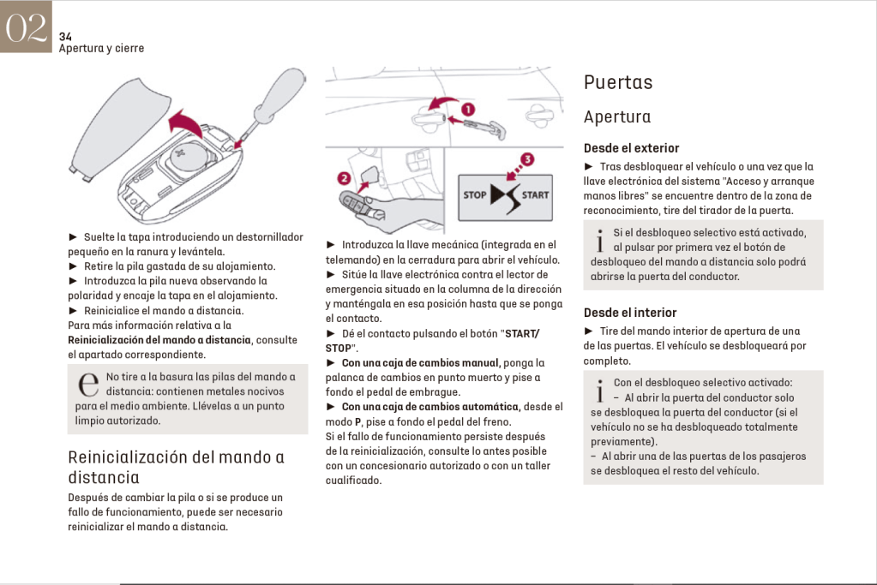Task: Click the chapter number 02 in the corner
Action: (x=26, y=27)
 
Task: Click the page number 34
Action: (x=65, y=37)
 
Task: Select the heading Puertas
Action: (x=618, y=83)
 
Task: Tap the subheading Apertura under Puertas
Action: (x=617, y=117)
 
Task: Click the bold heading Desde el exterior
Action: (x=631, y=148)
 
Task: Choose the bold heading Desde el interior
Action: (x=630, y=313)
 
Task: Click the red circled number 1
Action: (x=468, y=110)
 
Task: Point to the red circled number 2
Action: (x=345, y=178)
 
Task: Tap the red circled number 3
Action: (x=527, y=159)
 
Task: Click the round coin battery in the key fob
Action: (x=187, y=159)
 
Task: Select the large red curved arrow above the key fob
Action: (x=187, y=128)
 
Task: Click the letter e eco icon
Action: (x=87, y=385)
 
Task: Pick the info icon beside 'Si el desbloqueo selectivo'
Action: (x=600, y=239)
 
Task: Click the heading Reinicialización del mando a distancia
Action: (x=176, y=467)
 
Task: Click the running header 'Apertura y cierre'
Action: (x=101, y=49)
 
